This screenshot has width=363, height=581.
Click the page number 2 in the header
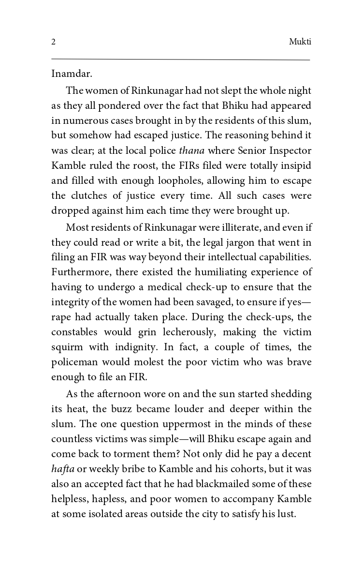53,42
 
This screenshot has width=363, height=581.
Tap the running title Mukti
300,42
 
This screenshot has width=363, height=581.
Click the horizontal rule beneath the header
180,60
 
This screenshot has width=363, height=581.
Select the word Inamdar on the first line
72,74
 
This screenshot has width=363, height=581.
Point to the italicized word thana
191,150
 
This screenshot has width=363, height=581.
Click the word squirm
67,348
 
